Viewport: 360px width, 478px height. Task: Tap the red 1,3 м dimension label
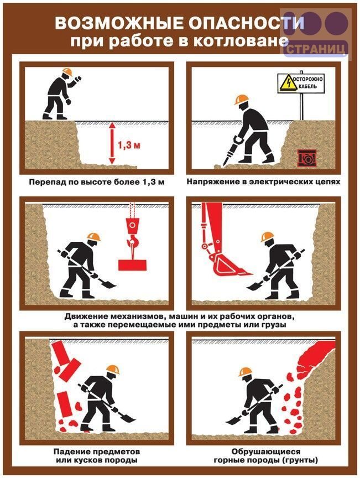[129, 146]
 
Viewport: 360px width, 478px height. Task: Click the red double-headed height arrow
[112, 143]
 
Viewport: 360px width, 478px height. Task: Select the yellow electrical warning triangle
[288, 82]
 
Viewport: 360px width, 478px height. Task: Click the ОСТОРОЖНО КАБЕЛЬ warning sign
[301, 83]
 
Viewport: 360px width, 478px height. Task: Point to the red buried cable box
[307, 158]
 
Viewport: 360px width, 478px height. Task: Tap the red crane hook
[133, 241]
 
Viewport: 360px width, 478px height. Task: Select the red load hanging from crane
[133, 264]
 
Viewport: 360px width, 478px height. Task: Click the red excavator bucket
[230, 264]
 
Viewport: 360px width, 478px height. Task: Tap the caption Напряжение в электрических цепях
[263, 181]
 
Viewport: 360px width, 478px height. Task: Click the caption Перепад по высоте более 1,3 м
[97, 183]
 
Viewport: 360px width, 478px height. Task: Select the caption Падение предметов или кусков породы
[97, 455]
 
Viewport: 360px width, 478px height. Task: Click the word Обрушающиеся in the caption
[265, 451]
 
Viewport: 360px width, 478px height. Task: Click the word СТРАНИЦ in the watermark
[317, 49]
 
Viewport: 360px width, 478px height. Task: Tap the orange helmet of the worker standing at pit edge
[67, 72]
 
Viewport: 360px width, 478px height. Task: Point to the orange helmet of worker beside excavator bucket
[267, 237]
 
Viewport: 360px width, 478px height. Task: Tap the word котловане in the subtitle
[241, 41]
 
